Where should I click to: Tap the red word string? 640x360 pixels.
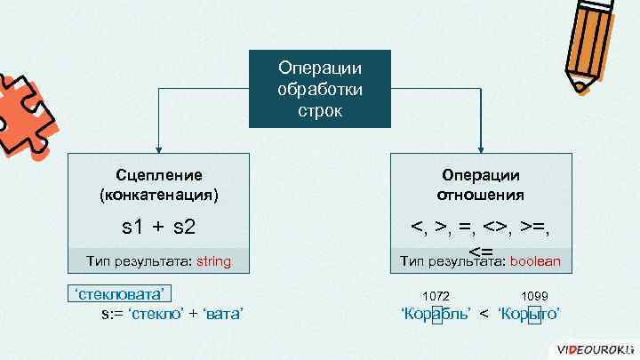(213, 261)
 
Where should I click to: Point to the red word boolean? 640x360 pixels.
(535, 261)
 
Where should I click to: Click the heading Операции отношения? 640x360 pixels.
(480, 184)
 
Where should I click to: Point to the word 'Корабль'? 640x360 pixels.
(436, 315)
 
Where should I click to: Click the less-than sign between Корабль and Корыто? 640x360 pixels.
(484, 315)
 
